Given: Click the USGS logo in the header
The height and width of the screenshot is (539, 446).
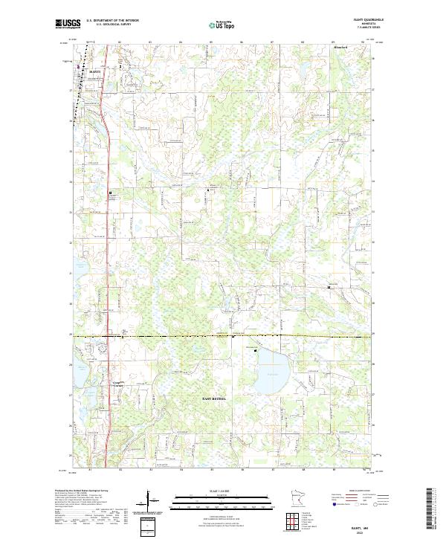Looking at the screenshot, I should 67,24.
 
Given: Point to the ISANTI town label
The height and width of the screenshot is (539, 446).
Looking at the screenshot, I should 94,71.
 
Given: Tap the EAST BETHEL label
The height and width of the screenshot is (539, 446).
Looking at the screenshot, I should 216,398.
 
